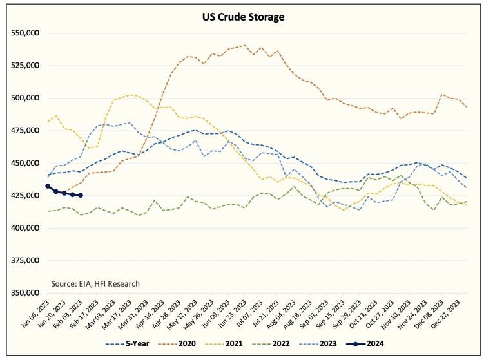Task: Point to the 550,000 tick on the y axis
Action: point(23,33)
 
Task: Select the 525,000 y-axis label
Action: point(23,66)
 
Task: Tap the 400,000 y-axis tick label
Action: point(23,228)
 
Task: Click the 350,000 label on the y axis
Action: point(23,293)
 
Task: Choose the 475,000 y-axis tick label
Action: point(23,131)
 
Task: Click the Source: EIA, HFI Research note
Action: point(95,283)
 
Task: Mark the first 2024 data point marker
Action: point(48,186)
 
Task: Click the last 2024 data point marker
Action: point(81,195)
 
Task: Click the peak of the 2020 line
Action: point(245,45)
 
